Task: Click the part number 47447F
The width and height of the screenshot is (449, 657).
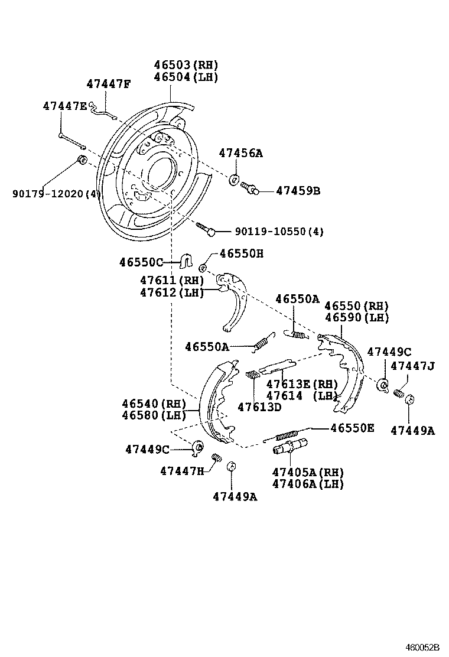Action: click(x=108, y=84)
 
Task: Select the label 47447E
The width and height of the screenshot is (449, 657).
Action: click(x=64, y=106)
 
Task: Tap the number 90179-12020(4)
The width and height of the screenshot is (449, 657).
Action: click(x=57, y=193)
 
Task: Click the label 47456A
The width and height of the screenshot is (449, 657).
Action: click(x=240, y=153)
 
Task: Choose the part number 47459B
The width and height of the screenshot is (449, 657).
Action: click(x=298, y=191)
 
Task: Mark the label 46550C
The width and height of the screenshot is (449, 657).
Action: click(x=141, y=261)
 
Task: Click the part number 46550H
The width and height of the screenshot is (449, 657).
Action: click(x=242, y=253)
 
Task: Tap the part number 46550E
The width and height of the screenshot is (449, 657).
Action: click(x=352, y=428)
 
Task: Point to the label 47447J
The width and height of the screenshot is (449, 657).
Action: click(x=412, y=366)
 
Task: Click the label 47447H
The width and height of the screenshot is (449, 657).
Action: click(x=182, y=470)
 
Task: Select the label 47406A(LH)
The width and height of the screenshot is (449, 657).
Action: click(x=308, y=484)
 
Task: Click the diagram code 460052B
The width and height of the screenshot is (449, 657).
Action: click(x=421, y=648)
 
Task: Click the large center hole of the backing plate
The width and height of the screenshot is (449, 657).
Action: click(x=161, y=171)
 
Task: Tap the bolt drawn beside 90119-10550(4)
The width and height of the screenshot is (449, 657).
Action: click(x=205, y=229)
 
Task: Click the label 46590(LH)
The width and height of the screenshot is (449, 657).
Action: click(x=356, y=317)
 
